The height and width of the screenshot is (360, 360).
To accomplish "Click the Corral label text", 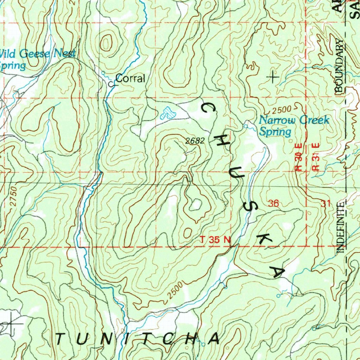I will pyautogui.click(x=130, y=79).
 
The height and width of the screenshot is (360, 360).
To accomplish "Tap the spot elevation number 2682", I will pyautogui.click(x=195, y=141).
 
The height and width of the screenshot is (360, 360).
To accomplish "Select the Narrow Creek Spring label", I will pyautogui.click(x=294, y=126).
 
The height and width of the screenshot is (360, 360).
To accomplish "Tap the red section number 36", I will pyautogui.click(x=273, y=203).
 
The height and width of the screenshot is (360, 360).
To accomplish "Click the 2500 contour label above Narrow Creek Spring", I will pyautogui.click(x=281, y=109).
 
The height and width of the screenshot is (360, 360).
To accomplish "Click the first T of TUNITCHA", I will pyautogui.click(x=61, y=339).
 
